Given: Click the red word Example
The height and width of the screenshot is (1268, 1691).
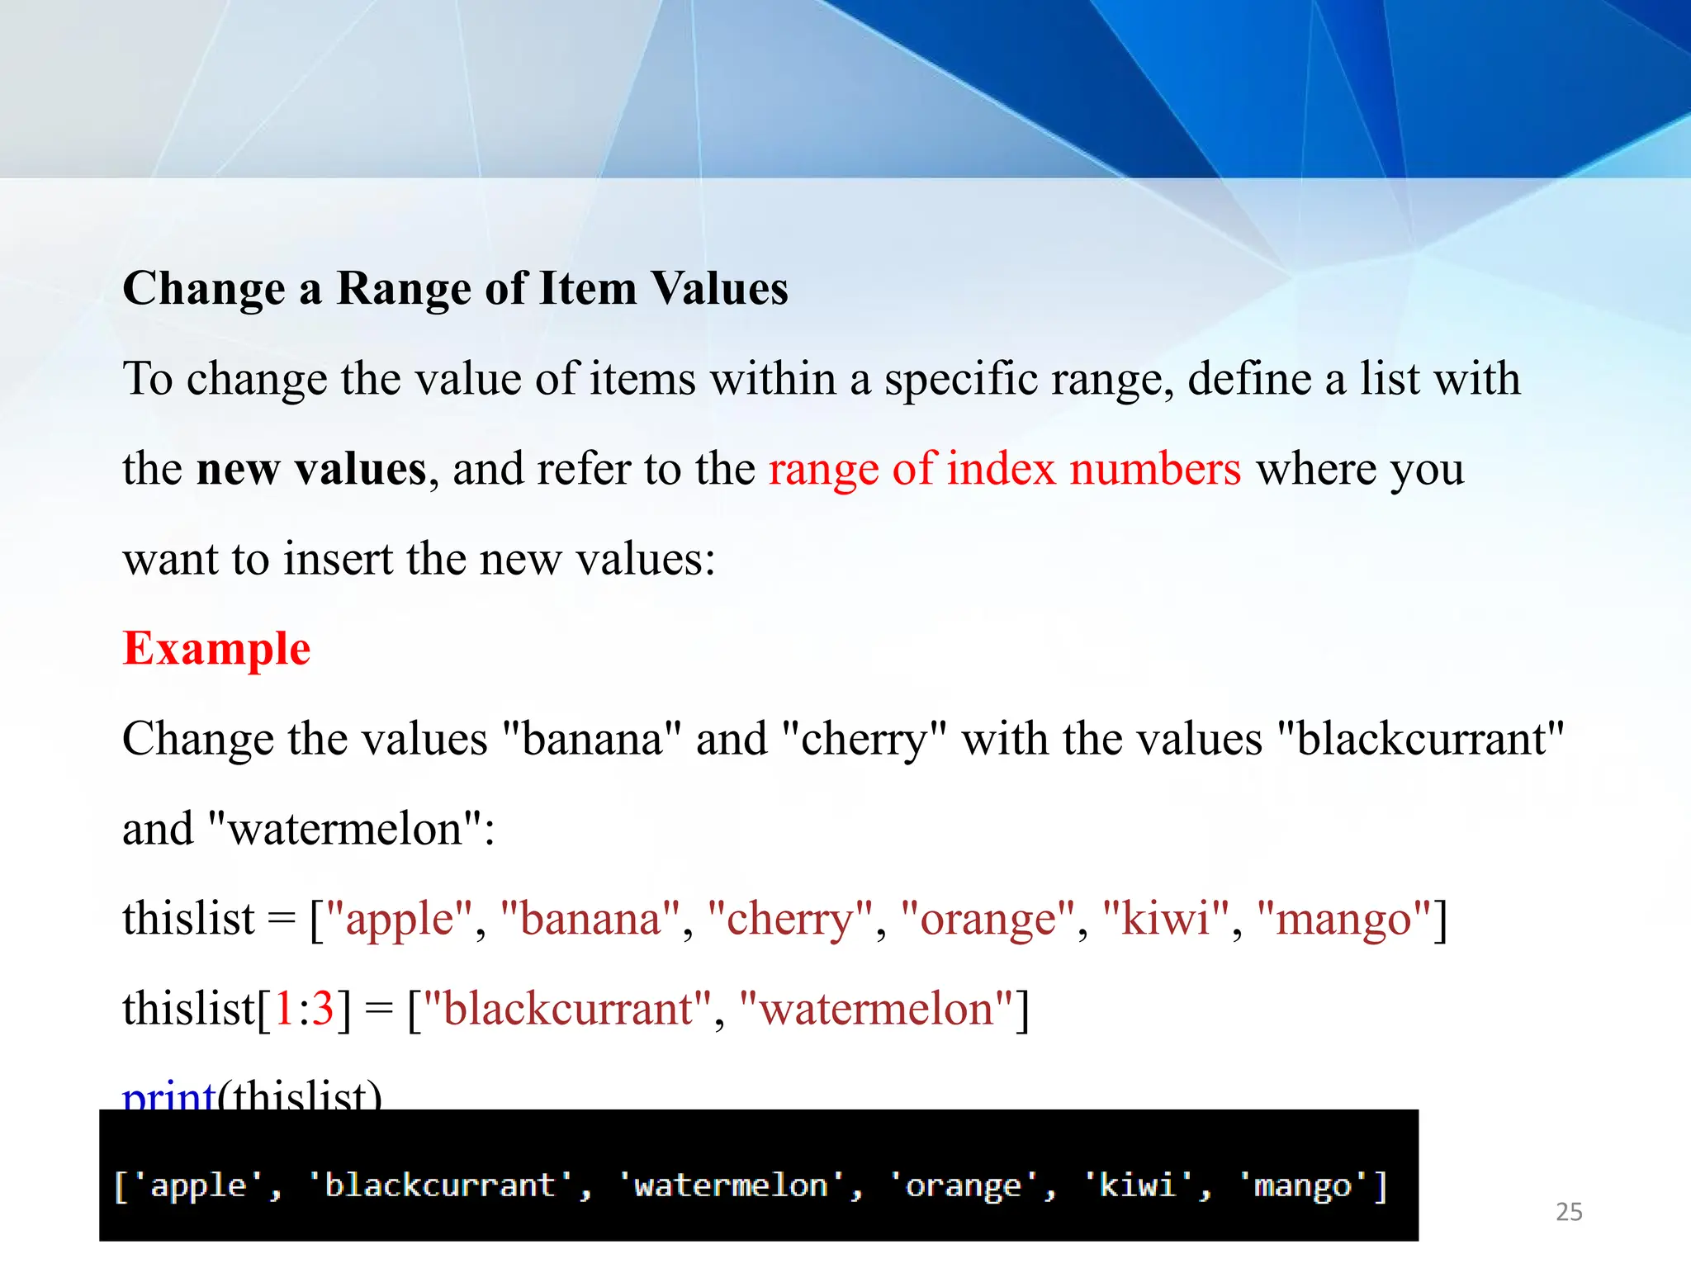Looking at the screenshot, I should coord(216,649).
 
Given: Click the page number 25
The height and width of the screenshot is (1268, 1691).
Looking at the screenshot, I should coord(1569,1212).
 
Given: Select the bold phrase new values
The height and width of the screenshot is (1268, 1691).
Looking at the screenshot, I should coord(311,469).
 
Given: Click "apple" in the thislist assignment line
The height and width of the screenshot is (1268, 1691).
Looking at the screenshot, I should coord(400,920).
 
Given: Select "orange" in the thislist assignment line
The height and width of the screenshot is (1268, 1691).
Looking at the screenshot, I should coord(988,920).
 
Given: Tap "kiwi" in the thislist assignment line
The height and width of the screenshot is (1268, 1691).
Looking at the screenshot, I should coord(1166,920).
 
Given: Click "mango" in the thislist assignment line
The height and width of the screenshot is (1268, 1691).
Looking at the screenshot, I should coord(1344,920).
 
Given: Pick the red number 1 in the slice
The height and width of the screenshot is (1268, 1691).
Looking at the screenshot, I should coord(283,1009).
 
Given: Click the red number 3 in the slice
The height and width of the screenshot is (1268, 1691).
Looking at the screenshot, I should coord(322,1009).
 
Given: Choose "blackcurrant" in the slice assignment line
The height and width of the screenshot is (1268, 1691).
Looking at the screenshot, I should coord(567,1009).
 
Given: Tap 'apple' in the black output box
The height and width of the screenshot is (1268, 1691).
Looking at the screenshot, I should coord(198,1185).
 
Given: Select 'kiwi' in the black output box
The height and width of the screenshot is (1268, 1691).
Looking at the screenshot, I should coord(1137,1185).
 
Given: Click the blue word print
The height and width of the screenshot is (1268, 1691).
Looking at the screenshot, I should coord(168,1096).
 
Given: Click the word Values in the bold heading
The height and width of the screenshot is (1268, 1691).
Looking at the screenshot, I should coord(719,289).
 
